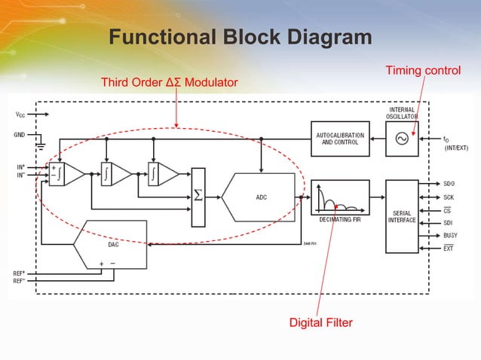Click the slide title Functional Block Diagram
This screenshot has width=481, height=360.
tap(240, 38)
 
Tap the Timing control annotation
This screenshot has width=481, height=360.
tap(422, 71)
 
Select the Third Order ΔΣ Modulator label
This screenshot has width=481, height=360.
tap(164, 81)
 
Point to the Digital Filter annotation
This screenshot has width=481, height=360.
tap(321, 323)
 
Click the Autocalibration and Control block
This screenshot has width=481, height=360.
tap(340, 139)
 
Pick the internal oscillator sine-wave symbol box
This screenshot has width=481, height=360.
tap(401, 139)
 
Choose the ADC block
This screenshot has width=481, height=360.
tap(261, 197)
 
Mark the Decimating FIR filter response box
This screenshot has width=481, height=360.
tap(339, 197)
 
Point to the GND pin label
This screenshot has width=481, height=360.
tap(19, 136)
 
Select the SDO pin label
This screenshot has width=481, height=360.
tap(449, 184)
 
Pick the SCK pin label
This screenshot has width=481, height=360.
tap(449, 197)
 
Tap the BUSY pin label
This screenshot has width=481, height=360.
tap(451, 235)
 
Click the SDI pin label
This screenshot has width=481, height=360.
tap(449, 222)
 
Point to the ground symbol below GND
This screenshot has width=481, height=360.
tap(42, 145)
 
